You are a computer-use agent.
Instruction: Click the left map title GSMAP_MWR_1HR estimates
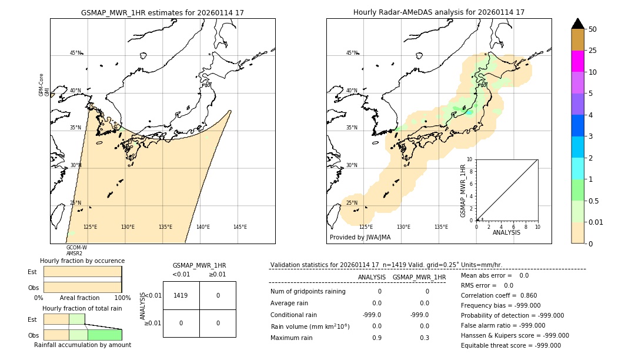tap(162, 12)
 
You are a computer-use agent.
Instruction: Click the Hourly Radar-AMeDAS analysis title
tap(439, 12)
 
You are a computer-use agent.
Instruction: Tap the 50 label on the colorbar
tap(593, 29)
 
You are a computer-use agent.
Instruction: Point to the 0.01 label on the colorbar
tap(596, 222)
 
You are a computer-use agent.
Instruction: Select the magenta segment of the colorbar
tap(577, 61)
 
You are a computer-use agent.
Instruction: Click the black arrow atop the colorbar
tap(577, 24)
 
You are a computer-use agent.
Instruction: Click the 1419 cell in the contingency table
tap(181, 295)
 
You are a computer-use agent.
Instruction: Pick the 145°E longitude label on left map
tap(240, 227)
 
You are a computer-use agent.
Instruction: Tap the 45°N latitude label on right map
tap(352, 53)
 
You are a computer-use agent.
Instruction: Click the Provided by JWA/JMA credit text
tap(360, 237)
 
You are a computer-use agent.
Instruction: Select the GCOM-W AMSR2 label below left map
tap(76, 251)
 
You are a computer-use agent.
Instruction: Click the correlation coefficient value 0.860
tap(524, 295)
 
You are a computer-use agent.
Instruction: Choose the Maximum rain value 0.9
tap(377, 338)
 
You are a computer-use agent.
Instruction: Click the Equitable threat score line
tap(510, 345)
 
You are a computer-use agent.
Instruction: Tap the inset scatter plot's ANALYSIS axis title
tap(506, 232)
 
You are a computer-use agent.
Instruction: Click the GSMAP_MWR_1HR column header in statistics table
tap(419, 277)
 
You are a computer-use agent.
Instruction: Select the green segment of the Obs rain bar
tap(105, 335)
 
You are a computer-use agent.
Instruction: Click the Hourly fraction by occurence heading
tap(82, 261)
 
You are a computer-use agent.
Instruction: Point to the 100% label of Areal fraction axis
tap(122, 298)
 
